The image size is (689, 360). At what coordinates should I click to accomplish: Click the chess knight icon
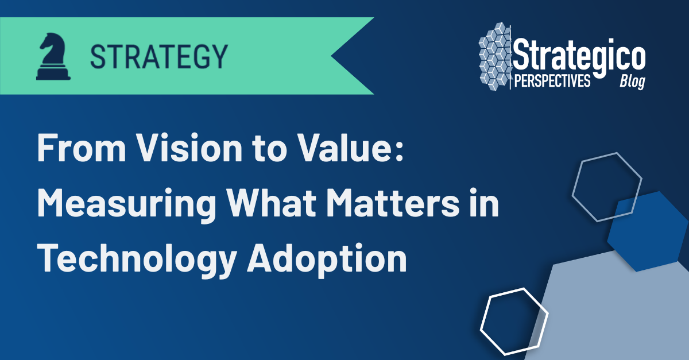53,56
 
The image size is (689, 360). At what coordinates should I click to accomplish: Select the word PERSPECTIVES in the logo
552,82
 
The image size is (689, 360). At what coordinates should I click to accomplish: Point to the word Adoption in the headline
327,260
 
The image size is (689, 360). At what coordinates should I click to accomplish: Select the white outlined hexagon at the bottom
514,322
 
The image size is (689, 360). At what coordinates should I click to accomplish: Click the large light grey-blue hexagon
614,316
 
